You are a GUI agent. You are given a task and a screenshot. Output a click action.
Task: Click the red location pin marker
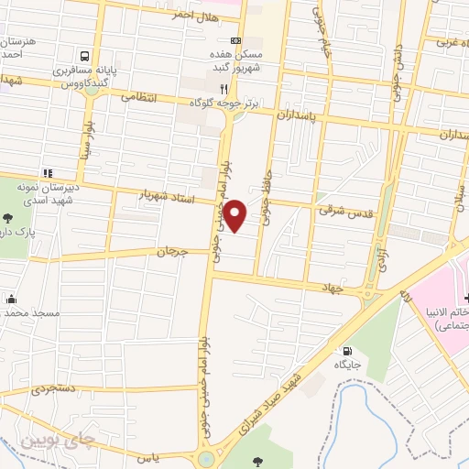coord(235,215)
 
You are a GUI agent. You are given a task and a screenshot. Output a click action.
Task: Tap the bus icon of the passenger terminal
coord(84,56)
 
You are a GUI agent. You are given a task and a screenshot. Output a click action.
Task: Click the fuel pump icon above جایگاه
coord(346,351)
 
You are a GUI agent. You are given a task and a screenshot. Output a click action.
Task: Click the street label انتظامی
coord(139,96)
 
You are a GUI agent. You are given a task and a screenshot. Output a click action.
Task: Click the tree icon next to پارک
coord(7,218)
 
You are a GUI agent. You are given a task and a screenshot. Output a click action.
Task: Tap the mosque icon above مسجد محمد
coord(10,298)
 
